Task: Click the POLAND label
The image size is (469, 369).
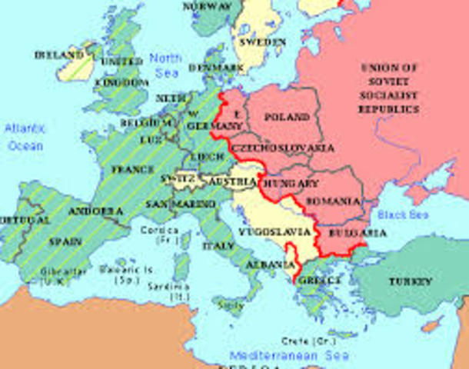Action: [x=286, y=118]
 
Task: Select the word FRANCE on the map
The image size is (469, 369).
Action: [x=132, y=169]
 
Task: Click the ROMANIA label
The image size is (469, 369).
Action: [x=333, y=201]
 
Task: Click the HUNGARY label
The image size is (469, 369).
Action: [x=290, y=184]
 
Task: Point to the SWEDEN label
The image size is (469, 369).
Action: [x=261, y=43]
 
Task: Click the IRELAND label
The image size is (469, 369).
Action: [x=58, y=55]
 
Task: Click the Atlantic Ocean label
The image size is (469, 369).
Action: [x=25, y=135]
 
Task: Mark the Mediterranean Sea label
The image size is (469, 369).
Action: [x=288, y=355]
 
